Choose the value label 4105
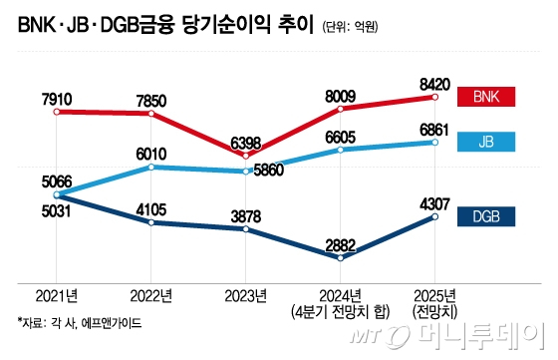pyautogui.click(x=151, y=207)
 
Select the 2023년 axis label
pyautogui.click(x=245, y=296)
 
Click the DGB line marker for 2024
pyautogui.click(x=341, y=258)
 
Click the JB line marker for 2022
pyautogui.click(x=151, y=167)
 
